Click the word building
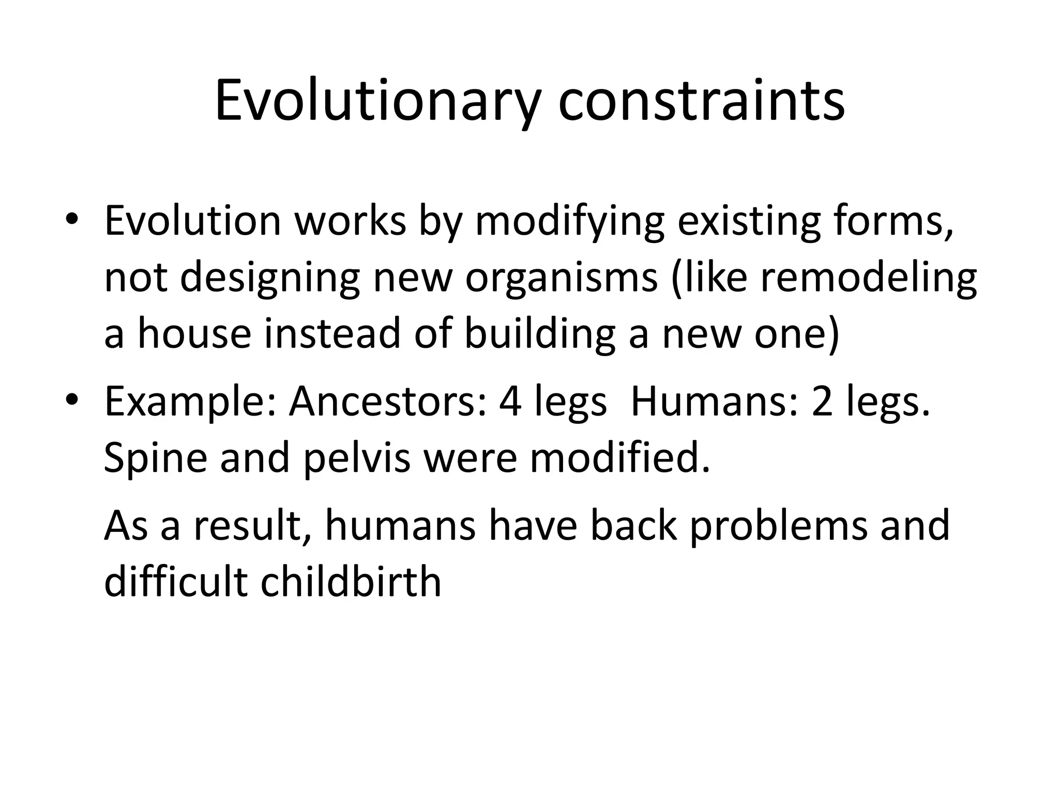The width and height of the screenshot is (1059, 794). click(540, 333)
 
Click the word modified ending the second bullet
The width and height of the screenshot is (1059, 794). click(620, 457)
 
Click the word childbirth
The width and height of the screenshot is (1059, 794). click(351, 581)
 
